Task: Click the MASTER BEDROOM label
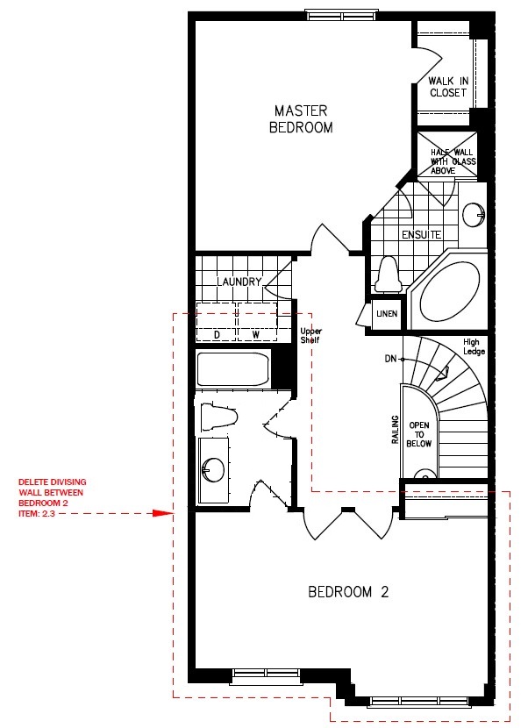pyautogui.click(x=301, y=119)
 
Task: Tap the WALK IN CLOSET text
pyautogui.click(x=448, y=87)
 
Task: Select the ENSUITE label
pyautogui.click(x=421, y=235)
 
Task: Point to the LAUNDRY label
pyautogui.click(x=239, y=282)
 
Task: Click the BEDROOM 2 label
pyautogui.click(x=348, y=592)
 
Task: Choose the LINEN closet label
pyautogui.click(x=387, y=314)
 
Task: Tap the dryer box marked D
pyautogui.click(x=216, y=322)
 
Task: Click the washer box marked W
pyautogui.click(x=257, y=322)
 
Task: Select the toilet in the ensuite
pyautogui.click(x=388, y=275)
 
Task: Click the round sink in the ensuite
pyautogui.click(x=474, y=215)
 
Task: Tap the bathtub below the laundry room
pyautogui.click(x=233, y=370)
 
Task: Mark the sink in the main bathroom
pyautogui.click(x=213, y=470)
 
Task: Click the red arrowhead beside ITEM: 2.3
pyautogui.click(x=163, y=513)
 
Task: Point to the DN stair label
pyautogui.click(x=391, y=359)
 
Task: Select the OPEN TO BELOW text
pyautogui.click(x=419, y=434)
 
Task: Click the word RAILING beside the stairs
pyautogui.click(x=396, y=430)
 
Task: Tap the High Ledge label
pyautogui.click(x=474, y=346)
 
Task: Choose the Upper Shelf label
pyautogui.click(x=310, y=336)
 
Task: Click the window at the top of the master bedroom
pyautogui.click(x=343, y=16)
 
